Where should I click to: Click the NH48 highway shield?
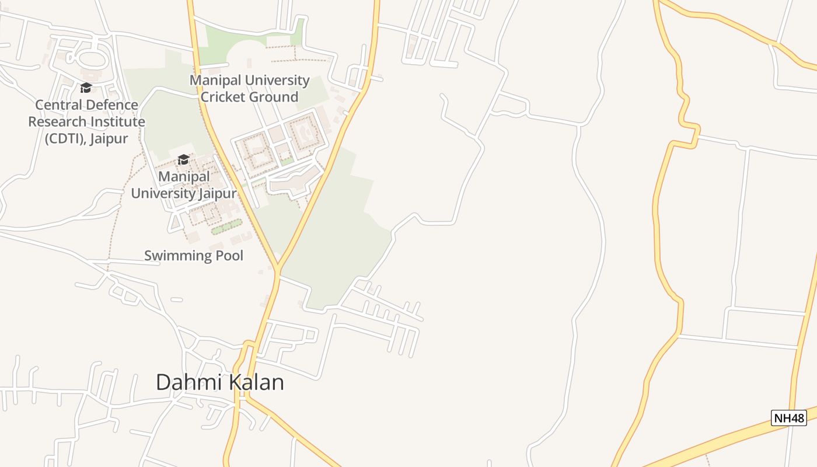pos(788,418)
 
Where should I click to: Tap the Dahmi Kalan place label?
pos(219,382)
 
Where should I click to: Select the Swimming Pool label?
pos(193,256)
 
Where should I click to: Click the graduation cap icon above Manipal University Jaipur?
pos(183,160)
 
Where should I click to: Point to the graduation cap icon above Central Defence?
pos(86,88)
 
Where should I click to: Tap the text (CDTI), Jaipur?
pos(86,139)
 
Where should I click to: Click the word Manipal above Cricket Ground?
pos(216,80)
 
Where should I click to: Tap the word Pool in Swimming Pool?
pos(229,256)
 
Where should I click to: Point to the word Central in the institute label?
pos(58,106)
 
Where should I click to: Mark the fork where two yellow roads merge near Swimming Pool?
pos(279,270)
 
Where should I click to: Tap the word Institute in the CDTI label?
pos(117,122)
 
